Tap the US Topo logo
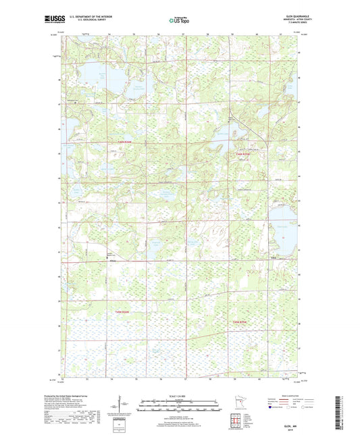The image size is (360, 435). click(x=179, y=20)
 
